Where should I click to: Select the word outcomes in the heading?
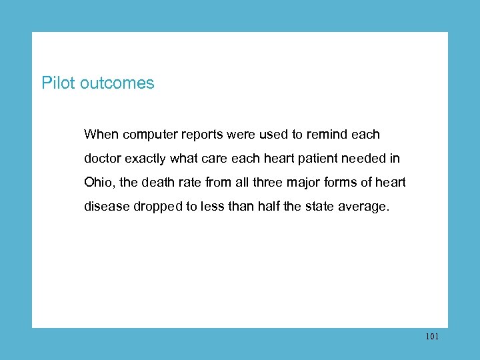[117, 83]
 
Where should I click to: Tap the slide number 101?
[431, 337]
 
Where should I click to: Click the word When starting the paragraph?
[101, 135]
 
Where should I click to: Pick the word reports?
[204, 135]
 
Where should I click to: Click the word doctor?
[103, 159]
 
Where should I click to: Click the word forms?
[351, 183]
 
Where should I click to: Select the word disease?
[107, 207]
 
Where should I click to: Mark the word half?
[265, 207]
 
